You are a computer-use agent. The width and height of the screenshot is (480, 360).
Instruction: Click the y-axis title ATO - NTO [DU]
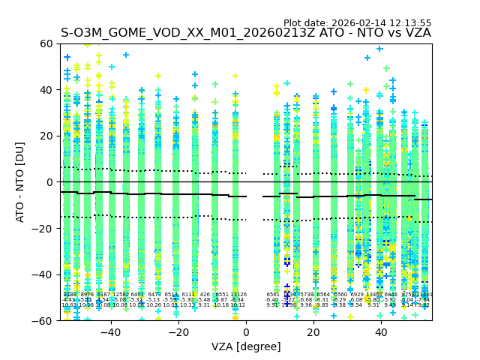tap(20, 181)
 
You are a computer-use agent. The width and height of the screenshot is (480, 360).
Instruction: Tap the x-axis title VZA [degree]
tap(246, 346)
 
